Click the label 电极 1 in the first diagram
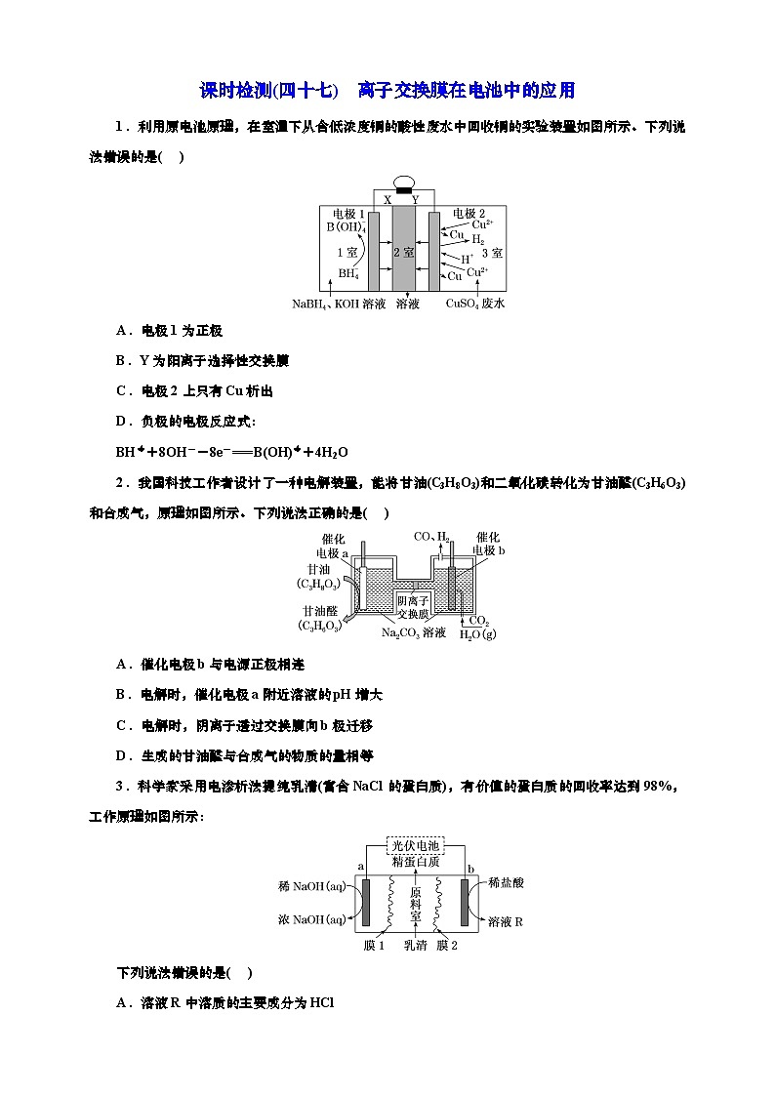pos(348,213)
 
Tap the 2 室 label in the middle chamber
pos(403,251)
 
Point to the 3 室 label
pos(491,252)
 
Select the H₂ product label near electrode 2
pos(477,239)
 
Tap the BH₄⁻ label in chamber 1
pos(349,274)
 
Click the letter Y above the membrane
pos(416,199)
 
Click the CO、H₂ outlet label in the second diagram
pos(432,537)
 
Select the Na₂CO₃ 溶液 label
pos(414,632)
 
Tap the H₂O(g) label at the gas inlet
pos(478,634)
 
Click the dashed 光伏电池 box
pos(415,845)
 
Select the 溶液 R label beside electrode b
pos(506,921)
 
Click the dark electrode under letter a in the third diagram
pos(366,903)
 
